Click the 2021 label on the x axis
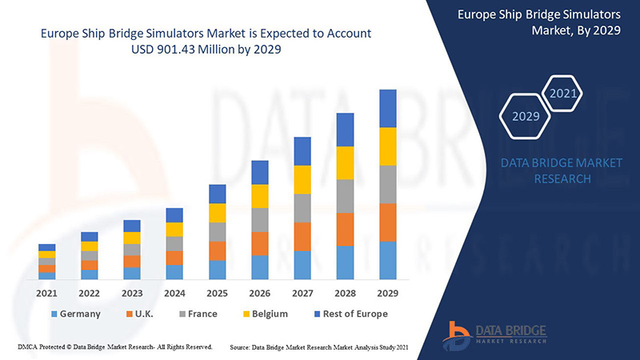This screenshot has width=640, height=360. point(47,293)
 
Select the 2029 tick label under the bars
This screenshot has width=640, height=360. point(388,293)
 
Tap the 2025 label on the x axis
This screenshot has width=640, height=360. point(218,293)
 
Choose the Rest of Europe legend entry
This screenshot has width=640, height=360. point(350,314)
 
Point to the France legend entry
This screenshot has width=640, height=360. point(197,314)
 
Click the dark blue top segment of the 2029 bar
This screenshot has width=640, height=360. point(388,108)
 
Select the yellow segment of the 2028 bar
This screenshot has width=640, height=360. point(346,162)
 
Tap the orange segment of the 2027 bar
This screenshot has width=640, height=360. point(302,236)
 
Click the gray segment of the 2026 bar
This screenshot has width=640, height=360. point(260,219)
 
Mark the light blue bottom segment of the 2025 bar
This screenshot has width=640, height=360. point(218,270)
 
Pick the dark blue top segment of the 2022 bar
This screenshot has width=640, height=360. point(90,237)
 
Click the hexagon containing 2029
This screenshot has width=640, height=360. point(526,116)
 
